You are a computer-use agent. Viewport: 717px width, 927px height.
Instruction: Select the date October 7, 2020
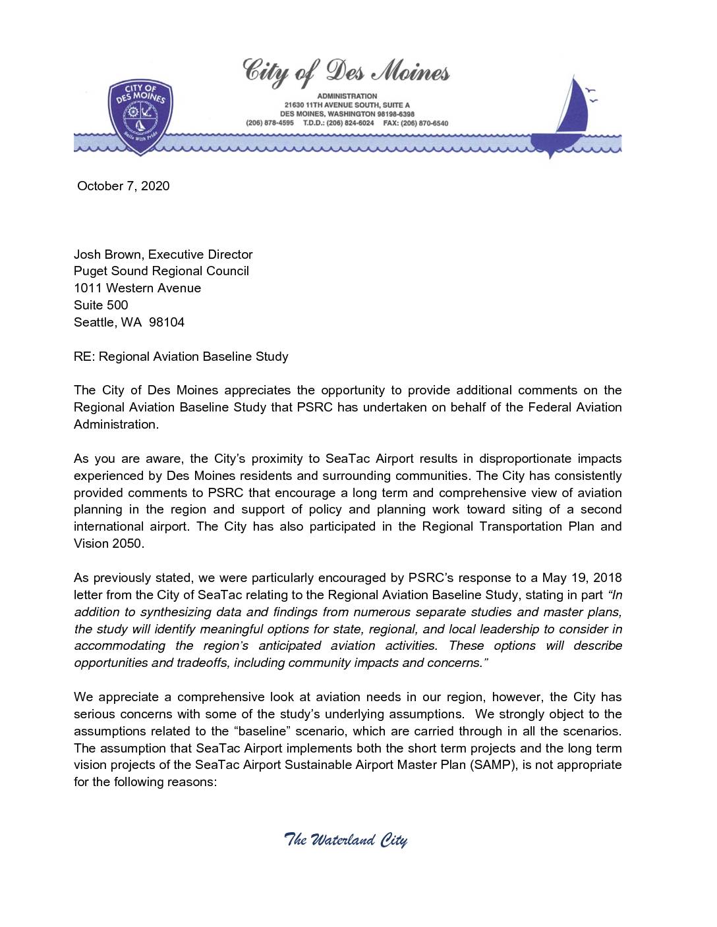coord(123,186)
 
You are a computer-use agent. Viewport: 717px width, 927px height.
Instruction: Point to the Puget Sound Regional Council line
coord(161,271)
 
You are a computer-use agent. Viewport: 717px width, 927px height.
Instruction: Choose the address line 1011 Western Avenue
coord(137,288)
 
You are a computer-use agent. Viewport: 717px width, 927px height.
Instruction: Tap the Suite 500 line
coord(101,305)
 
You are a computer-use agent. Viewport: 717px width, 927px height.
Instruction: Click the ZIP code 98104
coord(167,322)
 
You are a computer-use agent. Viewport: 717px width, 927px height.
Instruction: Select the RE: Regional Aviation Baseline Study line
coord(181,356)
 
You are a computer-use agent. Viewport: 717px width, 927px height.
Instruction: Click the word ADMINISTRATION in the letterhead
coord(347,96)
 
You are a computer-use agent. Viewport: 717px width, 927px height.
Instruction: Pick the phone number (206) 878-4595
coord(270,123)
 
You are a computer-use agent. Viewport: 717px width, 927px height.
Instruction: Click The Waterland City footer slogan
coord(345,840)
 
